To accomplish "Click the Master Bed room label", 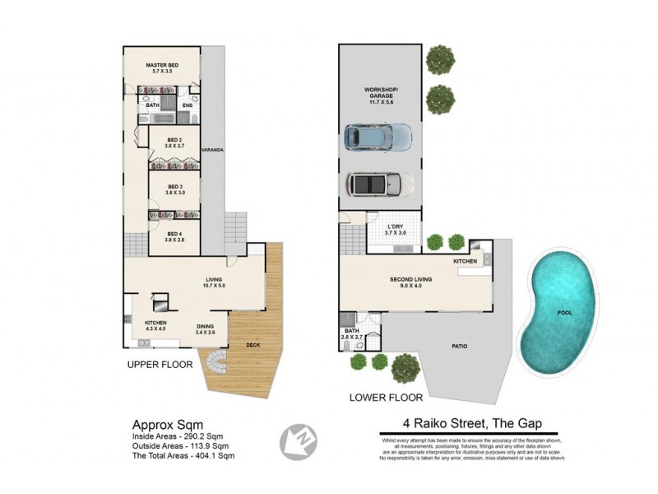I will click(162, 68).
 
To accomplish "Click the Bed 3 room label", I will click(174, 189).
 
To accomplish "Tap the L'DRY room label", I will click(396, 230).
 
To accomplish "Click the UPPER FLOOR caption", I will click(160, 363).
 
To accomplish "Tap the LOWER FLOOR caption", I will click(381, 397).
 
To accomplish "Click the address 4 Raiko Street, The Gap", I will click(462, 425).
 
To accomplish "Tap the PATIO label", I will click(460, 346).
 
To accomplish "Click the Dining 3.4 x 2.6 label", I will click(206, 329).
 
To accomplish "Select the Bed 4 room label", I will click(174, 236).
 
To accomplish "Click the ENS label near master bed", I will click(188, 105).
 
